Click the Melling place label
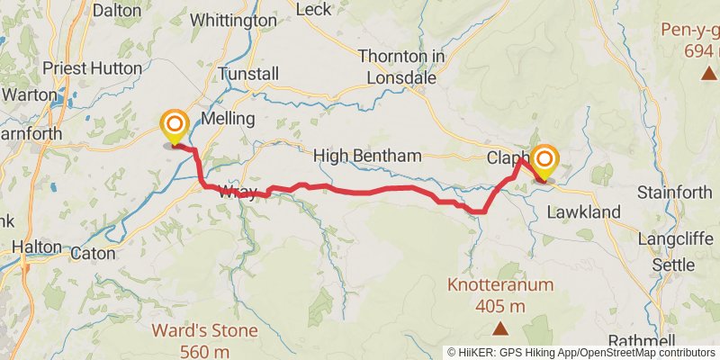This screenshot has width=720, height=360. [x=229, y=119]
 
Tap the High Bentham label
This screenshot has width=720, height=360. [x=367, y=157]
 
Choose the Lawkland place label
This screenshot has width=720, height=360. [x=584, y=211]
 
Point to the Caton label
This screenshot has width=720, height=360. [x=93, y=254]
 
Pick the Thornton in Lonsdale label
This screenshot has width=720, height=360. [x=402, y=67]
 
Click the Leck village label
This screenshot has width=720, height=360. [x=313, y=8]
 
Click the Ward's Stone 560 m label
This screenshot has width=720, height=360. [x=205, y=340]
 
